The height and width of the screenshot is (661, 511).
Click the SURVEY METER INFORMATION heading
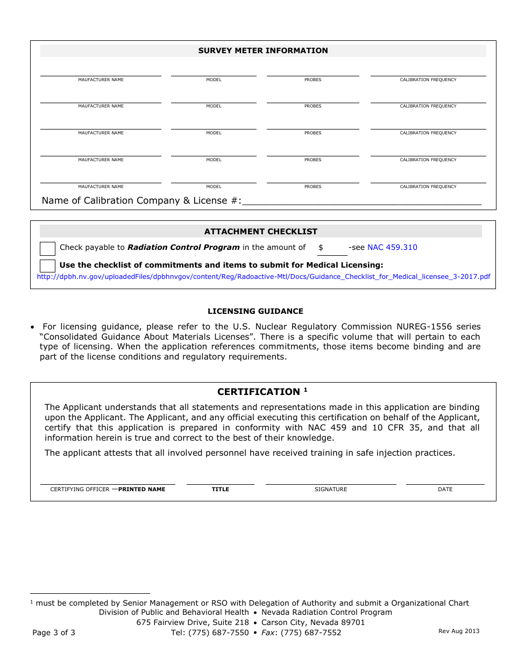[x=263, y=51]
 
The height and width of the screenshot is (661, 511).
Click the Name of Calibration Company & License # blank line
[x=361, y=202]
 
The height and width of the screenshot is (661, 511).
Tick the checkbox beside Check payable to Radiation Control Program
[x=48, y=248]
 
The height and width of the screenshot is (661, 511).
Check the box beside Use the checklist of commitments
[x=48, y=265]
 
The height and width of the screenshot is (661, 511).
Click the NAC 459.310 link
[x=392, y=247]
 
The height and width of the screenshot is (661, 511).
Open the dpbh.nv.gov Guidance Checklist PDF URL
[x=263, y=276]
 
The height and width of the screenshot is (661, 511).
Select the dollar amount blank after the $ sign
[x=332, y=248]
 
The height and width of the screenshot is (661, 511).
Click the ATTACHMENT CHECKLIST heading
[x=260, y=232]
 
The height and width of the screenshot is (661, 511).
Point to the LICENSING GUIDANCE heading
[x=256, y=311]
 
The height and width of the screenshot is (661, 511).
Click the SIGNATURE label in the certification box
[x=331, y=490]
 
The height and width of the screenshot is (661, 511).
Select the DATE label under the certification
[x=445, y=490]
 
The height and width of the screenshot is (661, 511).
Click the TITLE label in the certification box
[x=221, y=490]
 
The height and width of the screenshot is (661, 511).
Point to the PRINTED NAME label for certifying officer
[x=141, y=490]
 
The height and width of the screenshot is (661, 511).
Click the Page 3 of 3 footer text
[x=54, y=633]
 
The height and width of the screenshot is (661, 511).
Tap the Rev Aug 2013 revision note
[x=459, y=631]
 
